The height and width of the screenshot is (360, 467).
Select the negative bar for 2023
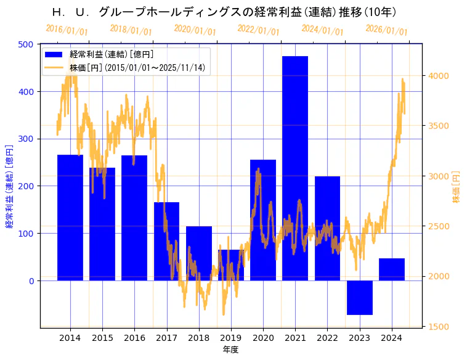click(359, 297)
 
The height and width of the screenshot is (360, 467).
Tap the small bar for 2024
click(392, 269)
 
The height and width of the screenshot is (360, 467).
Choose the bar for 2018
click(198, 253)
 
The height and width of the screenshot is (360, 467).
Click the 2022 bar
click(327, 228)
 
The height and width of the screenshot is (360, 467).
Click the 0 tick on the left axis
click(30, 281)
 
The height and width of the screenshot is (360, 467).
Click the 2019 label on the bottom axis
click(230, 338)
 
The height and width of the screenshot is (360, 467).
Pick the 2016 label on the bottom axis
click(134, 338)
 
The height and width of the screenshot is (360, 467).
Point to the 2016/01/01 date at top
click(67, 30)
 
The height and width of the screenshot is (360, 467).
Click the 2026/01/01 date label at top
click(386, 30)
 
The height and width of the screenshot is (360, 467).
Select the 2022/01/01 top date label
click(258, 30)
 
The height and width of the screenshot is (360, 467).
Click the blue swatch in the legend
click(54, 55)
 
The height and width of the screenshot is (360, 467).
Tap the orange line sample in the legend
click(54, 67)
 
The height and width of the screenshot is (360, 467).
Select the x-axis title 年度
click(230, 350)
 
